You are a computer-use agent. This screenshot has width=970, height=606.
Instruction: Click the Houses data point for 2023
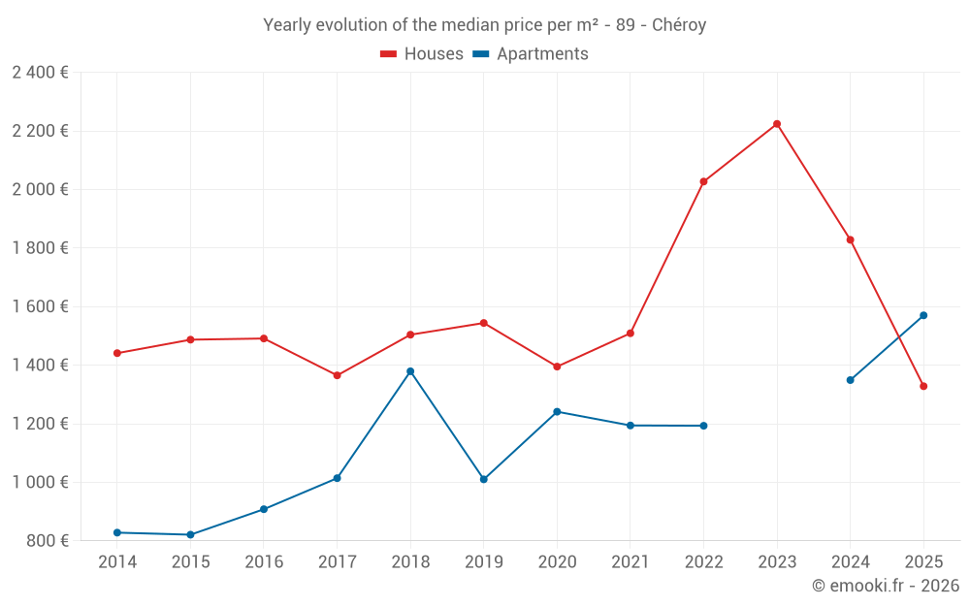click(777, 124)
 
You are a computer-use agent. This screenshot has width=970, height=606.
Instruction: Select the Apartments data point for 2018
click(410, 371)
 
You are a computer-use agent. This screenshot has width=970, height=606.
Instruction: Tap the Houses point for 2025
click(923, 386)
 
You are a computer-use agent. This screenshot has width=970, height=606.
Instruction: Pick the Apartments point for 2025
click(923, 315)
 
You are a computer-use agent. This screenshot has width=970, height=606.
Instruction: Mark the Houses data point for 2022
click(703, 181)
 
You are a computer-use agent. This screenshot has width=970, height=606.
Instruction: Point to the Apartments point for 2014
click(117, 532)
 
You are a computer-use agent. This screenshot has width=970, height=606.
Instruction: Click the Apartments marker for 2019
click(484, 479)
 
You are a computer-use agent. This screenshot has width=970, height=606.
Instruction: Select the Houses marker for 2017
click(337, 375)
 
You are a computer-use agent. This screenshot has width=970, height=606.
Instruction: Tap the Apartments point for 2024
click(850, 380)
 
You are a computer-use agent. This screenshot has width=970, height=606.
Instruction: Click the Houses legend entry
click(422, 54)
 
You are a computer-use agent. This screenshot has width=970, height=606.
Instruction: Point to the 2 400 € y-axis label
click(40, 73)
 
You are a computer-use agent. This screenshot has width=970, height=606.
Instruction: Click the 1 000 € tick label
click(40, 482)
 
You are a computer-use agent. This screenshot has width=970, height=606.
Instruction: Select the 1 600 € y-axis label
click(40, 306)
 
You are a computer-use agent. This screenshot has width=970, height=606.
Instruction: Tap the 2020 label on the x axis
click(557, 561)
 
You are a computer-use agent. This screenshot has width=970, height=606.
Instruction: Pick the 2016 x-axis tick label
click(264, 561)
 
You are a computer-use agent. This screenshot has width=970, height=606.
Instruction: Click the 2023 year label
click(777, 561)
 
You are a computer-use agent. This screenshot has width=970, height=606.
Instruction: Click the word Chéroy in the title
click(678, 25)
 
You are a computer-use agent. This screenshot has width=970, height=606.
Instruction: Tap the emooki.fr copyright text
click(885, 586)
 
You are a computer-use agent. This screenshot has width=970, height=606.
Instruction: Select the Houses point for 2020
click(557, 367)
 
